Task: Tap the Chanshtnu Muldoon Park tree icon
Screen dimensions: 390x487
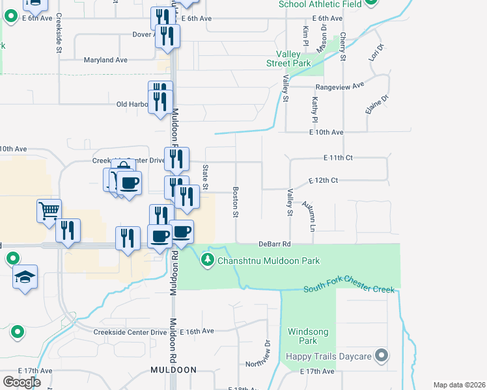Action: click(x=208, y=261)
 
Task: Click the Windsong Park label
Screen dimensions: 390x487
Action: click(x=308, y=336)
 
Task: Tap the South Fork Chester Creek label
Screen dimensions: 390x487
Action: click(x=348, y=289)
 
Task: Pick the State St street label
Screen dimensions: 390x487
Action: click(x=205, y=177)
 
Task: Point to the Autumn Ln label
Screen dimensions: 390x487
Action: click(x=308, y=216)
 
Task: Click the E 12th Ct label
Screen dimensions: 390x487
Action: click(x=323, y=179)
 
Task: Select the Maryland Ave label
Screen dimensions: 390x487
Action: click(x=105, y=60)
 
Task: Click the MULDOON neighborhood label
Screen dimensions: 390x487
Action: click(x=173, y=370)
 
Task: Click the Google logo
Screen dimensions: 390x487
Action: click(x=21, y=382)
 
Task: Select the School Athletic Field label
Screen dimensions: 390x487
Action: click(x=320, y=4)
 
